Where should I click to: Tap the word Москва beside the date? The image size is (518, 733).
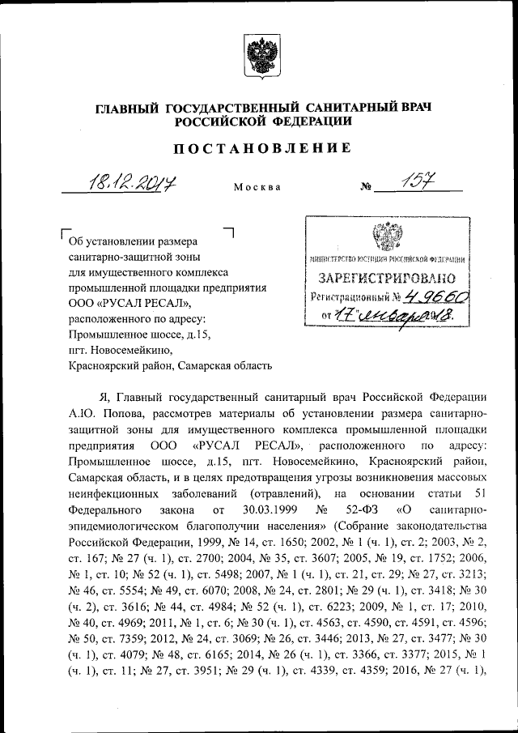pyautogui.click(x=257, y=187)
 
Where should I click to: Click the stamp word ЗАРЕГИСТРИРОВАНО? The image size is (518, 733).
pyautogui.click(x=384, y=279)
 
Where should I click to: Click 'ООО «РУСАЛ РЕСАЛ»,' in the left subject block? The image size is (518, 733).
pyautogui.click(x=130, y=303)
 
